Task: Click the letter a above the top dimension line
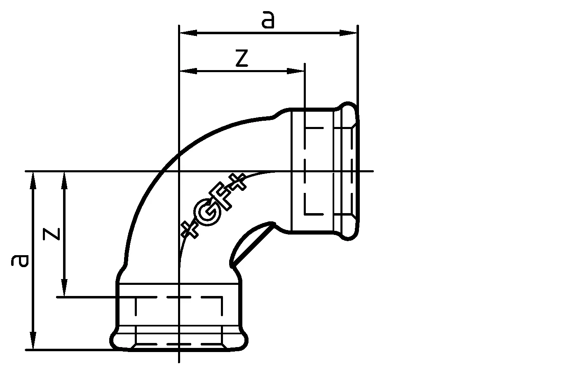268,19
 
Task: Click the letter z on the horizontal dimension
242,58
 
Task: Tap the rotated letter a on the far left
20,261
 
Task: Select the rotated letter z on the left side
51,234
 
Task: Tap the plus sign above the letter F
237,181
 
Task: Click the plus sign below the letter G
190,229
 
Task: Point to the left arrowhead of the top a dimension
188,33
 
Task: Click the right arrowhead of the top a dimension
348,33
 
